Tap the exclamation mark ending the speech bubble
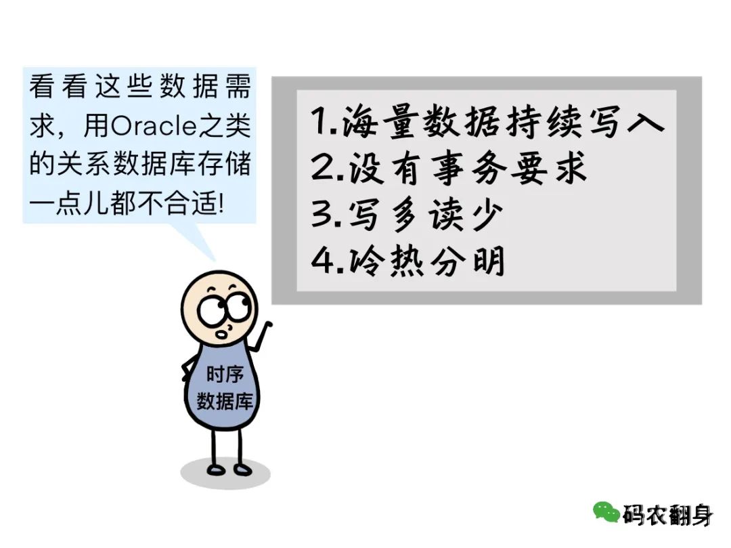[x=221, y=204]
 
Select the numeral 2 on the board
[x=321, y=167]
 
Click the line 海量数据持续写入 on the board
[x=502, y=122]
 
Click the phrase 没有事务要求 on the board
[x=466, y=168]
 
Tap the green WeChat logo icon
[x=606, y=512]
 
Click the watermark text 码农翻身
[x=667, y=515]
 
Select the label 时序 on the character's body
[x=225, y=374]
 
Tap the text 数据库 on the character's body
[x=225, y=400]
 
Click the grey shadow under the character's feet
[x=225, y=472]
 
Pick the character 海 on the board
[x=359, y=122]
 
